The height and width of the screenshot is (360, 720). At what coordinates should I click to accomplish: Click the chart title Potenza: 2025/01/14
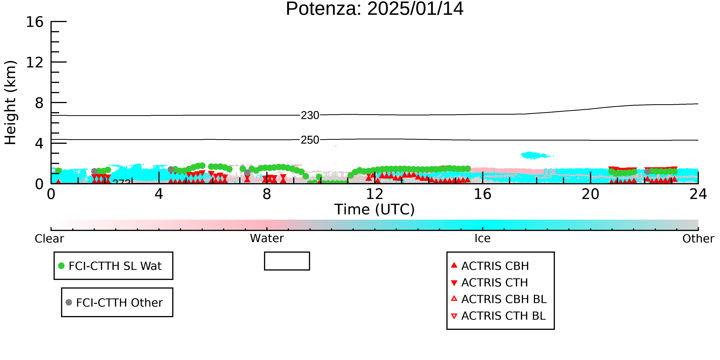point(375,9)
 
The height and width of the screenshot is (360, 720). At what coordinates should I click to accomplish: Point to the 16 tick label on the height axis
point(35,22)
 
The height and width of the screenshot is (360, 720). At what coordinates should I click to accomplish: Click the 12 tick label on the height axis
point(35,62)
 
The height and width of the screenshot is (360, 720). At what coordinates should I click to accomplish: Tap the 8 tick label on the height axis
point(39,103)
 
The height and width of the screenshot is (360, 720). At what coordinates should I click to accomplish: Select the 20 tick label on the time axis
point(590,194)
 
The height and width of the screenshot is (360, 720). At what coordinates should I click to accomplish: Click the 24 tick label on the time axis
point(698,194)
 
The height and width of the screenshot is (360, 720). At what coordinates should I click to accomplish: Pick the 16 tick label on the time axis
point(482,194)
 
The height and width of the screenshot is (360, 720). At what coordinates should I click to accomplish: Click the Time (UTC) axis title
point(375,209)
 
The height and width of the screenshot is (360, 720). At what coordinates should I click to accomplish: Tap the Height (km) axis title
point(11,103)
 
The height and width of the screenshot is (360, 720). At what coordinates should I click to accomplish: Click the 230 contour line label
point(310,115)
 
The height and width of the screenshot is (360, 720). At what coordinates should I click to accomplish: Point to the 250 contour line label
point(310,140)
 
